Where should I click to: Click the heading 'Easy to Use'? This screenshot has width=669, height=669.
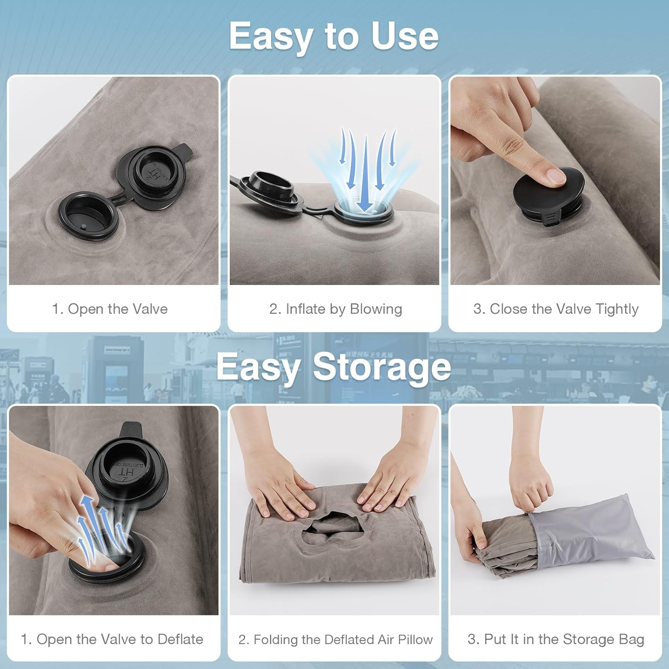pos(334,37)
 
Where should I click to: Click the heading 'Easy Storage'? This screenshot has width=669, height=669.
pos(334,367)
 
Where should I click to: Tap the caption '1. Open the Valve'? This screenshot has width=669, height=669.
pos(110,309)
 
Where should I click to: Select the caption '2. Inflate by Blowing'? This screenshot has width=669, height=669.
pos(335,309)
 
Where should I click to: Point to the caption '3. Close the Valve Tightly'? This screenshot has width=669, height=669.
pos(556,309)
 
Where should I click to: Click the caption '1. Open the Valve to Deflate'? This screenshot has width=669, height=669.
pos(112,639)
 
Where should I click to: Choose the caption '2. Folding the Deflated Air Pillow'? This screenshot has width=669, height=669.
pos(335,639)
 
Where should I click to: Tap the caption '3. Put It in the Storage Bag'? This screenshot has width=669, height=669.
pos(556,639)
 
